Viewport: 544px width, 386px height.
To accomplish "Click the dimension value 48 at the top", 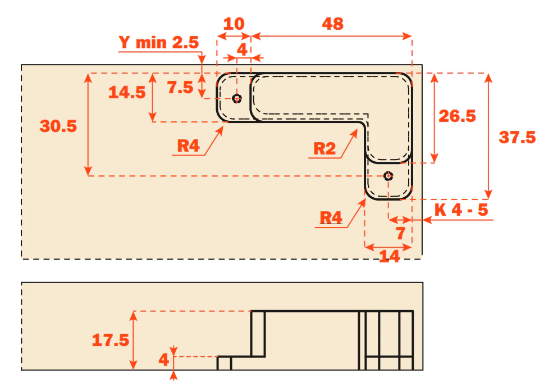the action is (333, 24).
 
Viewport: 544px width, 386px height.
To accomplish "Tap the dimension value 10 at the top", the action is (234, 24).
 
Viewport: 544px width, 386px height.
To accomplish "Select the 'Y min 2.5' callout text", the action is (158, 42).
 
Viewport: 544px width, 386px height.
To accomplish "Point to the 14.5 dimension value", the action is (127, 92).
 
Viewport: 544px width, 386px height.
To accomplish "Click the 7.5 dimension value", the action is (180, 87).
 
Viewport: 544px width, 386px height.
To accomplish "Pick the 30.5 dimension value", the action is (58, 126).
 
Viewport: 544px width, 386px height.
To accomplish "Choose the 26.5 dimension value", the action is (458, 116).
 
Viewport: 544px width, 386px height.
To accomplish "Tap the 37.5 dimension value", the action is (517, 137).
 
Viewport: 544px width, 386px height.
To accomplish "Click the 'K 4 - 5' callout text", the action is (461, 210).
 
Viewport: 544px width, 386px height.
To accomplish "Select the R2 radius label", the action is (324, 148).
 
